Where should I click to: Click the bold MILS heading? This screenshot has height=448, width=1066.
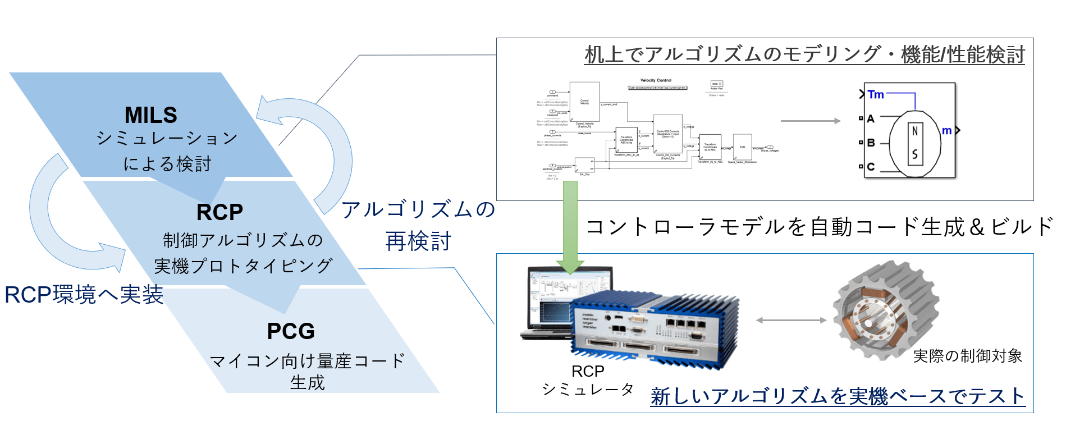coord(150,115)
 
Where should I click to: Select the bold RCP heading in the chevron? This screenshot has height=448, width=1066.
coord(219,212)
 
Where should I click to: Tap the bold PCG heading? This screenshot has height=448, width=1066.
coord(290,331)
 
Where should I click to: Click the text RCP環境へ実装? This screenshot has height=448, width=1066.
coord(84,295)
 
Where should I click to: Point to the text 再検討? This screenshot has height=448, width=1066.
coord(418,241)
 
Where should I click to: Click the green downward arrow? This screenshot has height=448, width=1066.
coord(570,225)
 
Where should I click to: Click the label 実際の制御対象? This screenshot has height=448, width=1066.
coord(967,355)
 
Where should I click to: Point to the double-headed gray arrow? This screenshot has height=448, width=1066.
coord(791,321)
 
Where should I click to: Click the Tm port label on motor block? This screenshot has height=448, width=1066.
coord(876,94)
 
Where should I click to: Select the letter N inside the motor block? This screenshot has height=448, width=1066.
coord(915,131)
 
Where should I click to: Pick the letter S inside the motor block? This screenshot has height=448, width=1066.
coord(915,154)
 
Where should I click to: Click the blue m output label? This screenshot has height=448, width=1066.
coord(946,131)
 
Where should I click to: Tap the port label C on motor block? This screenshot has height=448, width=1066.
coord(871,167)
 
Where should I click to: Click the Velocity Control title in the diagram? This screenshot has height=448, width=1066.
coord(656,80)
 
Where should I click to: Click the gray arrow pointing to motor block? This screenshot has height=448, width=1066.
coord(810,121)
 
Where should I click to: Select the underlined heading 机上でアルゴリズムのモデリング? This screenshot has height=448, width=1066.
coord(804,55)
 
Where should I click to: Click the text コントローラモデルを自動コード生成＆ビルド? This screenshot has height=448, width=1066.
coord(820,227)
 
